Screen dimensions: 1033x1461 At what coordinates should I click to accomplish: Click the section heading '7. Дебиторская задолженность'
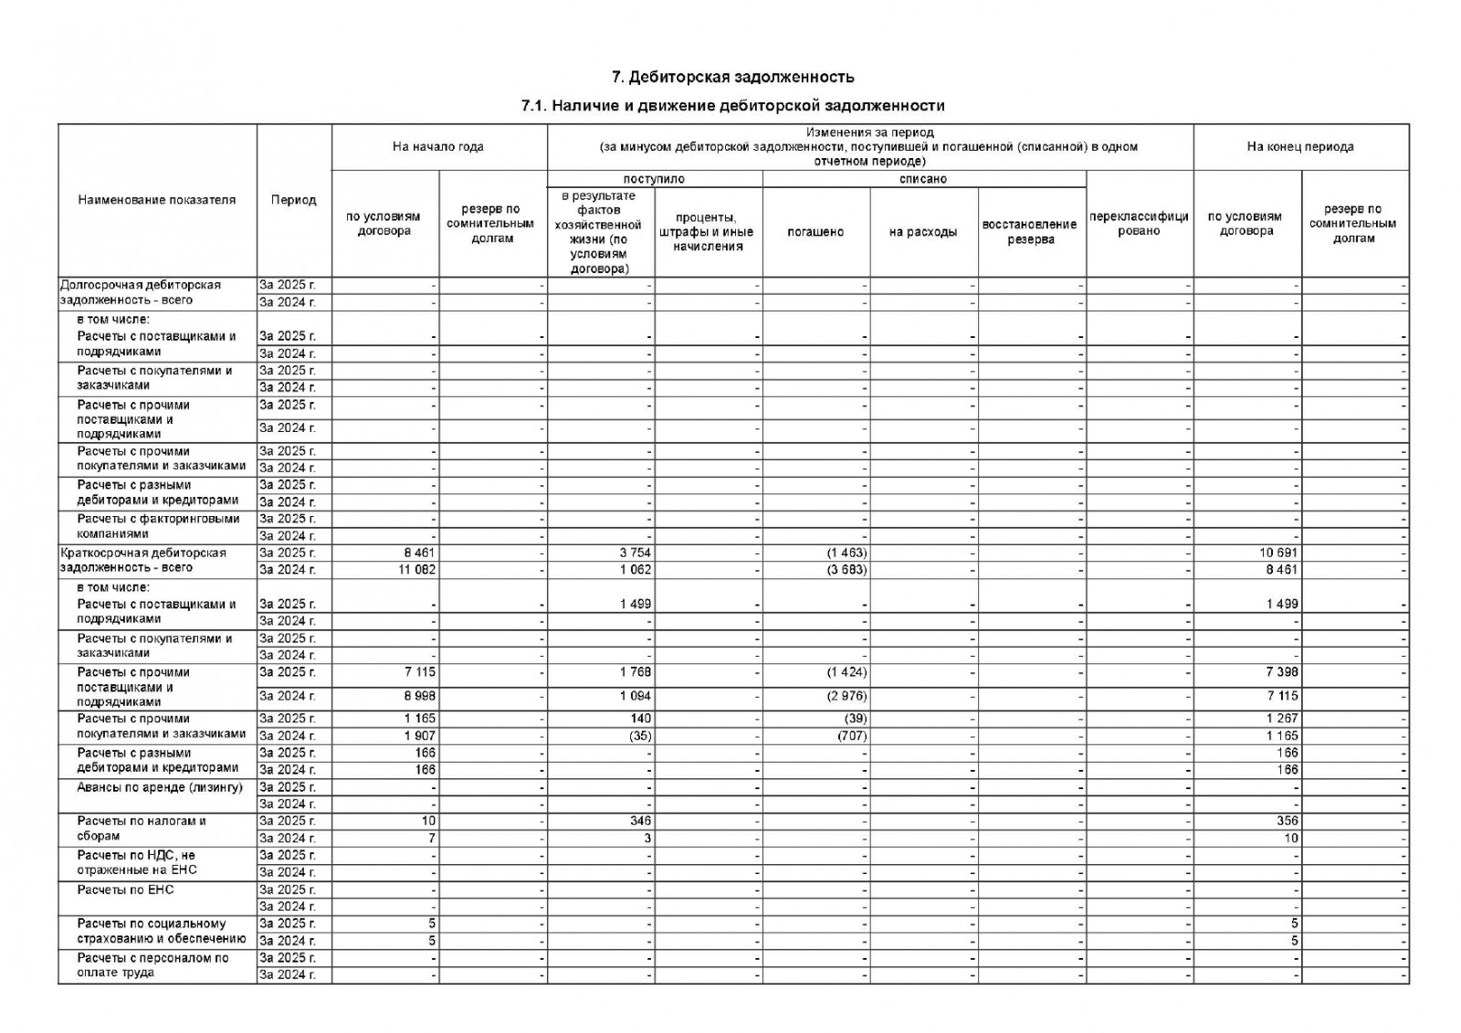732,76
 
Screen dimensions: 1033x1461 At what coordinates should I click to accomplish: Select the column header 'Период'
293,200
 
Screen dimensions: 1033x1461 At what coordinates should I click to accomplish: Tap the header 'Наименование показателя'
157,200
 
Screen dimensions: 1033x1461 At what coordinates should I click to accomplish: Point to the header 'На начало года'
438,146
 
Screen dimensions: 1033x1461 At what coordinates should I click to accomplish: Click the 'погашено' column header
815,232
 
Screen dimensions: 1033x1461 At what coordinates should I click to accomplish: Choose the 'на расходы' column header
923,232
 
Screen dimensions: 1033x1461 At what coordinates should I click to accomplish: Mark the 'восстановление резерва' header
1031,232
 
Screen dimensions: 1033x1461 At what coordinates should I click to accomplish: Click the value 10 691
1277,553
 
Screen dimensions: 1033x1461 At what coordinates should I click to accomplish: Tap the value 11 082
417,570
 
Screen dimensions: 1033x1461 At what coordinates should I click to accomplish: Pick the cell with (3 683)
846,570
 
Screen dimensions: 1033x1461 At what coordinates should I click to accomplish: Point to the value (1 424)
846,672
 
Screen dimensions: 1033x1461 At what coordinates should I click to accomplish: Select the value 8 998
419,696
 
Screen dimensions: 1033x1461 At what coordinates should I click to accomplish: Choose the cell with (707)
851,735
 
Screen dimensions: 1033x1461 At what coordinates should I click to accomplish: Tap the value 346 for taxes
640,821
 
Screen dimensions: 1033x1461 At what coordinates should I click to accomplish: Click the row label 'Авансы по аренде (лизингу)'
160,787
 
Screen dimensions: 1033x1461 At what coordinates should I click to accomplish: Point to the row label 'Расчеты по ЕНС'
125,890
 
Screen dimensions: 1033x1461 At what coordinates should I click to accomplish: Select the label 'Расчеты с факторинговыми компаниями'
158,526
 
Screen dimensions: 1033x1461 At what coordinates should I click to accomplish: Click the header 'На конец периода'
1300,146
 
